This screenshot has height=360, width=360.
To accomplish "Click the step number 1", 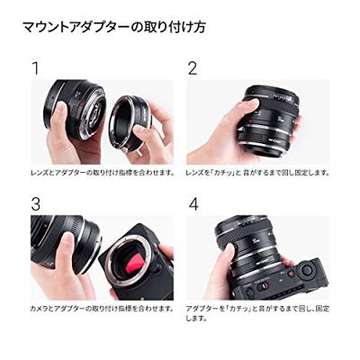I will coord(35,68).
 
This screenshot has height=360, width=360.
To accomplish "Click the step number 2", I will coord(192,68).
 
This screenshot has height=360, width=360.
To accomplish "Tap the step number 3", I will coord(36,204).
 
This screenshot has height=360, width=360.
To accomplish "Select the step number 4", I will coord(193,204).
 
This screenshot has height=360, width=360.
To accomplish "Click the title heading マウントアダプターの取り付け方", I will coord(113,26).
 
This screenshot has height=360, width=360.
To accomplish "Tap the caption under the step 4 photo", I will coord(257,312).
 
